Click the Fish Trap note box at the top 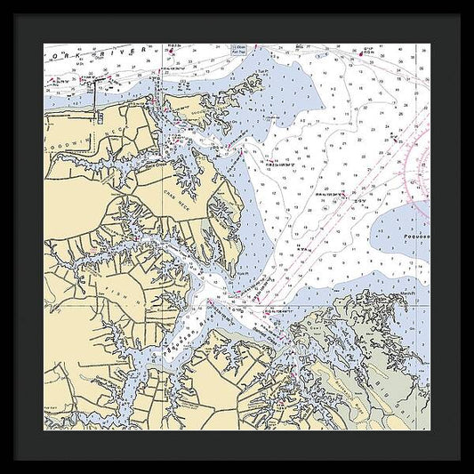point(237,51)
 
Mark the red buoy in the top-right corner point(367,53)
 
